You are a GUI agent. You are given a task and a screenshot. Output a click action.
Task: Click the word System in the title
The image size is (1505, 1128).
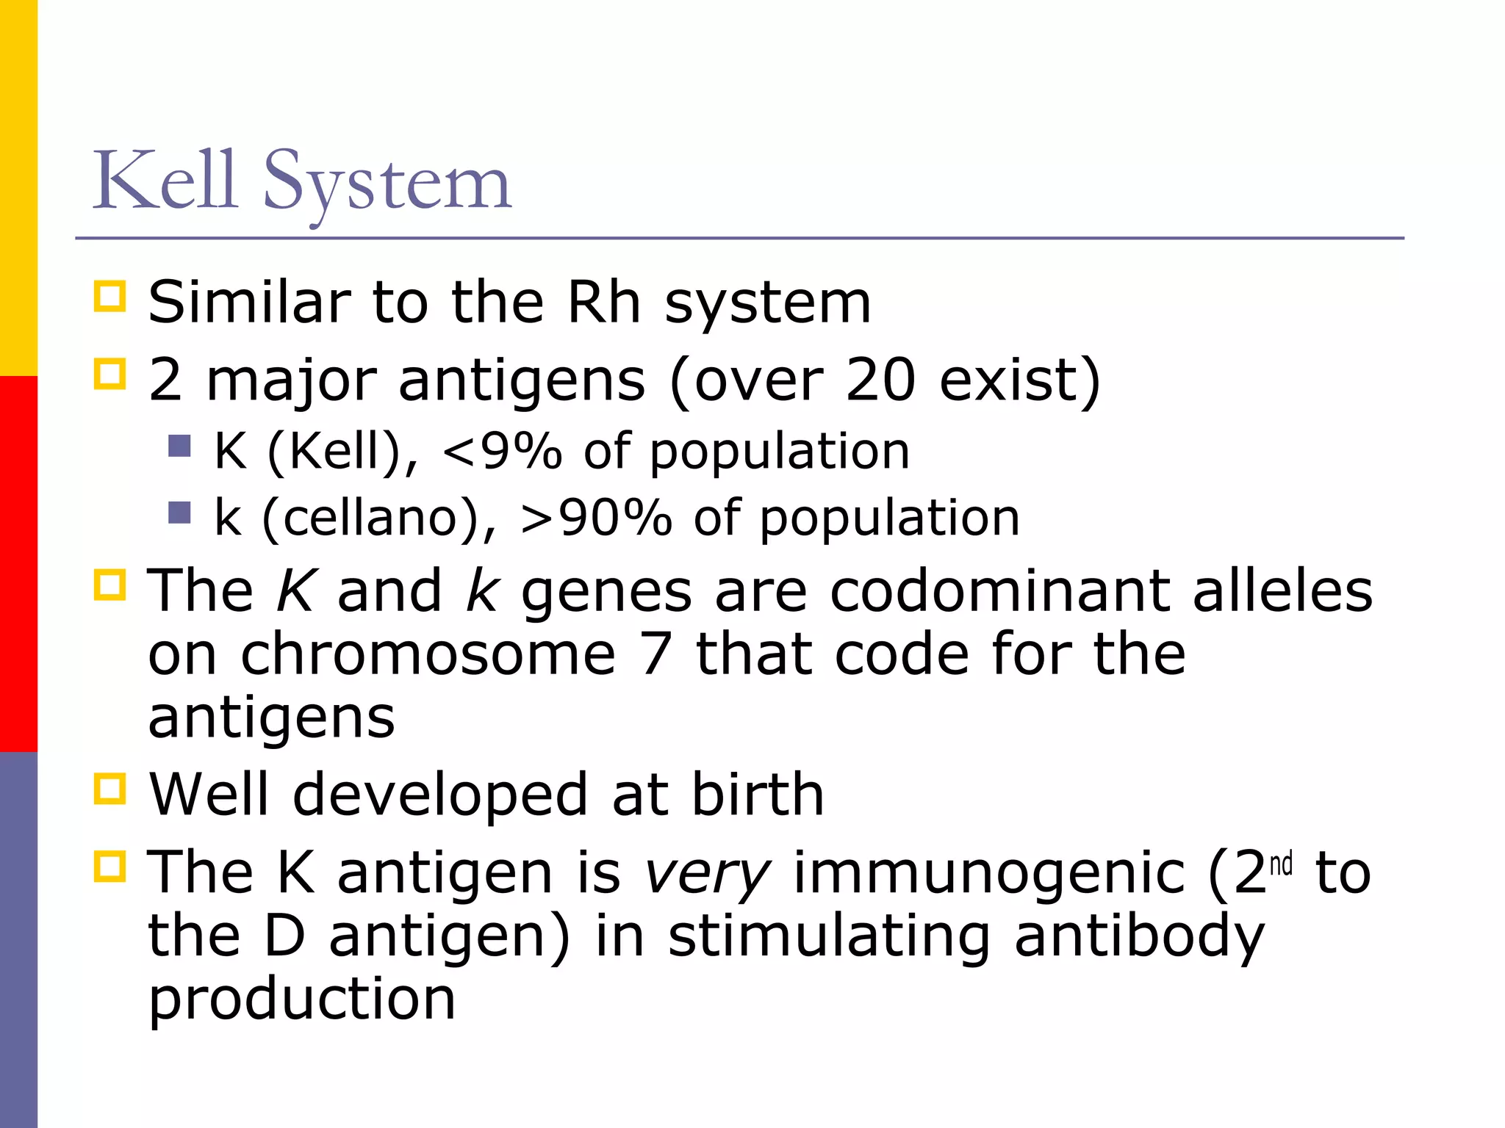pyautogui.click(x=387, y=184)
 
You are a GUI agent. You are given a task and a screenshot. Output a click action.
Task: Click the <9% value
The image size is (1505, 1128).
pyautogui.click(x=502, y=451)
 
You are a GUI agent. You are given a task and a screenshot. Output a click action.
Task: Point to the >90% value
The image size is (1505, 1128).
pyautogui.click(x=595, y=518)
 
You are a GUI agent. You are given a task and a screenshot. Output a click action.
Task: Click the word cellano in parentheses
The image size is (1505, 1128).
pyautogui.click(x=371, y=518)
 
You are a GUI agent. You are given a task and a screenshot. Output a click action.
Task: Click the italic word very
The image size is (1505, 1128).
pyautogui.click(x=707, y=874)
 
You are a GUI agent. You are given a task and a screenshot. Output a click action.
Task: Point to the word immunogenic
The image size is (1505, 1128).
pyautogui.click(x=989, y=874)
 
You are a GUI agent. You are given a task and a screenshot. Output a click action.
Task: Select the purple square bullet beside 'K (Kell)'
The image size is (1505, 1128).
pyautogui.click(x=179, y=446)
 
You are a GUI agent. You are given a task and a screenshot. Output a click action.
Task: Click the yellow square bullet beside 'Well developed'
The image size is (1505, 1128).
pyautogui.click(x=110, y=789)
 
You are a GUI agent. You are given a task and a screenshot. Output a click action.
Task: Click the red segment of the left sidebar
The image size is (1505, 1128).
pyautogui.click(x=18, y=563)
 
